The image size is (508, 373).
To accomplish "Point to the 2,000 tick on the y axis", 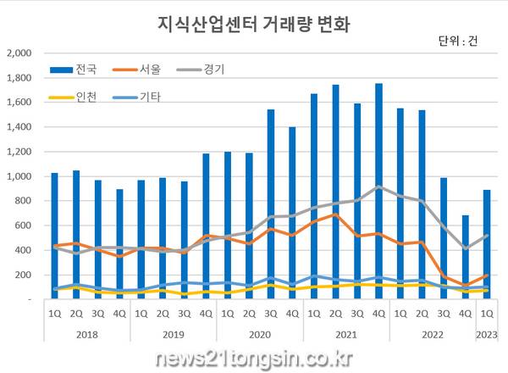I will (19, 53).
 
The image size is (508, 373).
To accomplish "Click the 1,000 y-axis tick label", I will (19, 176).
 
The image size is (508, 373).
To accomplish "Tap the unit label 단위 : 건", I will (458, 42).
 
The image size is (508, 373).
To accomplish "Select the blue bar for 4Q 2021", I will (378, 191).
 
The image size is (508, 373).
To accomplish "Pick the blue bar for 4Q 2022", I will (465, 257).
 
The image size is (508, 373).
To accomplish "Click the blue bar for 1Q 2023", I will (487, 244).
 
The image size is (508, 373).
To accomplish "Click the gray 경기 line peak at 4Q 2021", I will (378, 186).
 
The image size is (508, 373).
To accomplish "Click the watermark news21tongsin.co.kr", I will (254, 356).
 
